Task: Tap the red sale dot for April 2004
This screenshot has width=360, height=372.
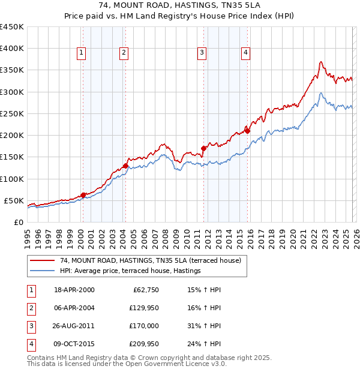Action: click(x=125, y=166)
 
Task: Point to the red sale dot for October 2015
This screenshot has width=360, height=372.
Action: click(x=247, y=131)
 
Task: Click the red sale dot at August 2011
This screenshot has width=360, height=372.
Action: click(x=203, y=148)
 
